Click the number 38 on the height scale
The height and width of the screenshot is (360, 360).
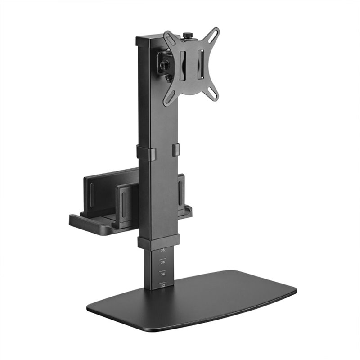162,250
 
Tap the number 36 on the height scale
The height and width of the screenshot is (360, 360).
162,261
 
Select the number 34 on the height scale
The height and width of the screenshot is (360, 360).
162,273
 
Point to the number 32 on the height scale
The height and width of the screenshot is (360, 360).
162,284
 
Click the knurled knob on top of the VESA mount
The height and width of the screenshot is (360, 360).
186,35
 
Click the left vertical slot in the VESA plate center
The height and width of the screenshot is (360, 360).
183,66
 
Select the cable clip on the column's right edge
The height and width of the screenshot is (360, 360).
175,149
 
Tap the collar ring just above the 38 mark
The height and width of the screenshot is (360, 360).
158,242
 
